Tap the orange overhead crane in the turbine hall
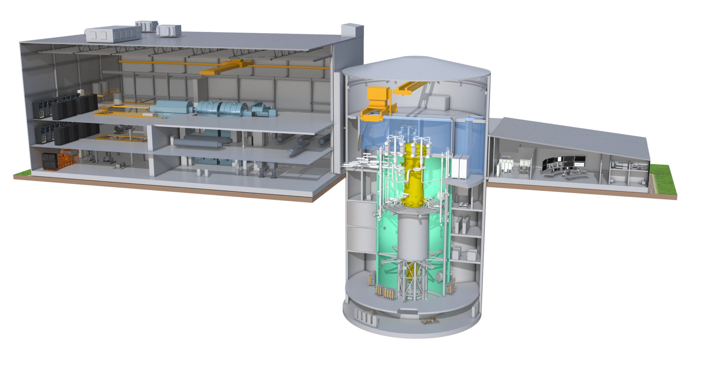(x=226, y=67)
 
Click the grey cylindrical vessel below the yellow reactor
(x=413, y=238)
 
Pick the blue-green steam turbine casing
(x=221, y=109)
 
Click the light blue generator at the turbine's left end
(x=171, y=108)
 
